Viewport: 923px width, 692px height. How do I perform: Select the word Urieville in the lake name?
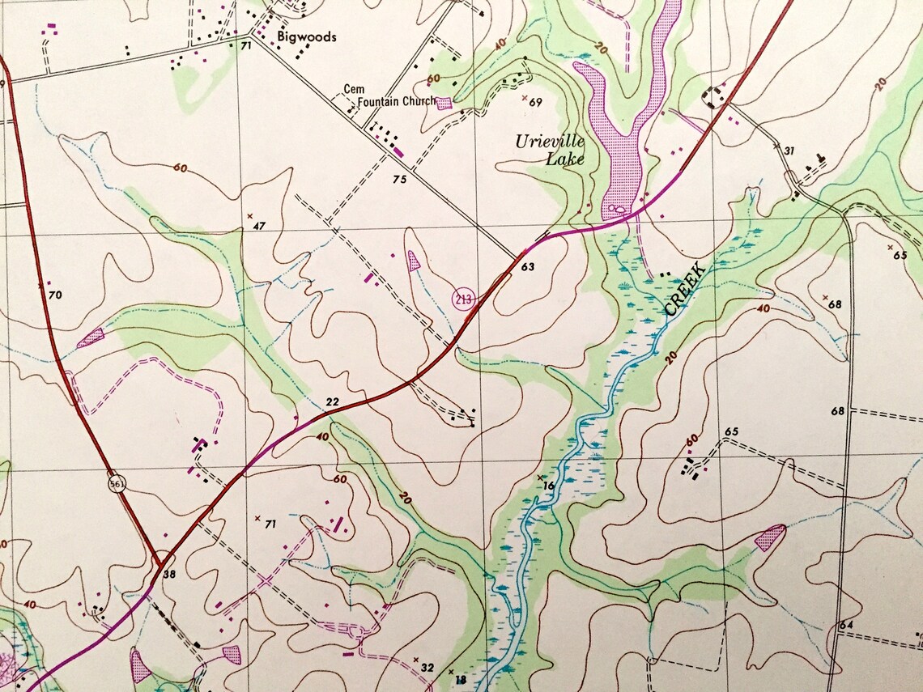[x=550, y=142]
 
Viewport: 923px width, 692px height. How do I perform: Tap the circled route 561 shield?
[x=117, y=483]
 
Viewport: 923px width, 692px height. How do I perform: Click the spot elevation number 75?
[x=398, y=180]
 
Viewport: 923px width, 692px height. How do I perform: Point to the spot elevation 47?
[x=259, y=226]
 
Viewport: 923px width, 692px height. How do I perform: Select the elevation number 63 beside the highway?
[x=529, y=266]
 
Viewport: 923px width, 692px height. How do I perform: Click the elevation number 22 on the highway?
[x=331, y=401]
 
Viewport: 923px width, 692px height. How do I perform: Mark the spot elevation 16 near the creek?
[x=549, y=486]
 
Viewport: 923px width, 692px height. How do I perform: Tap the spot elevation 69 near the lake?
[x=534, y=102]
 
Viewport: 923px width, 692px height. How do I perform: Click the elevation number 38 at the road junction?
[x=168, y=574]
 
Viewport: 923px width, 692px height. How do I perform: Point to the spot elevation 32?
[x=427, y=668]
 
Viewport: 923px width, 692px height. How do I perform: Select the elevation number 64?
[x=846, y=625]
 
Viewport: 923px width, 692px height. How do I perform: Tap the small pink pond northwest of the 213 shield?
[x=414, y=260]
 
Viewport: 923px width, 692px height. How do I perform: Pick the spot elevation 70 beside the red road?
[x=54, y=295]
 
